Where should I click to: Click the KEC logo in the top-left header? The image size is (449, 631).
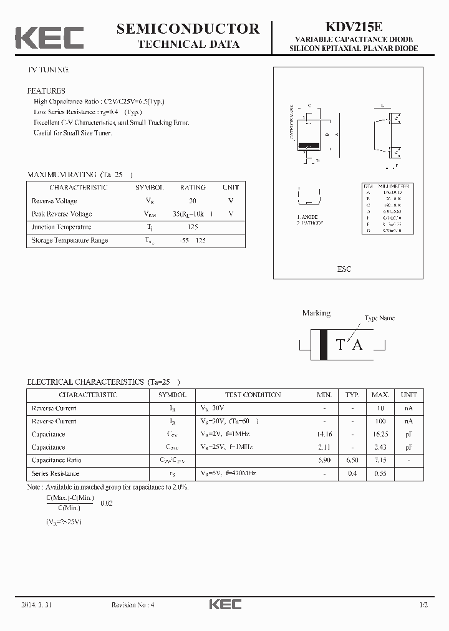49,38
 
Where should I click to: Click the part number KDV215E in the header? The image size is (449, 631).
354,27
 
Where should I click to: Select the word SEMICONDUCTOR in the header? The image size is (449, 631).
188,28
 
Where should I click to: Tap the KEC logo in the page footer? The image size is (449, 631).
224,604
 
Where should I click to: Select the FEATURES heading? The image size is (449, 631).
46,90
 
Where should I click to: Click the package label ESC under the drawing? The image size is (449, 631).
344,269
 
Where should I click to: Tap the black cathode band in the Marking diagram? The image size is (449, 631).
323,344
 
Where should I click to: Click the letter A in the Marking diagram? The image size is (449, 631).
357,344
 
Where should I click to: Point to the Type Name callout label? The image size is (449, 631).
379,318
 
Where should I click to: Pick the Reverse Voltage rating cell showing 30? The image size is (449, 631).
193,201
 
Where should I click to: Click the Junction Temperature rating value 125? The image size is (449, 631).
193,227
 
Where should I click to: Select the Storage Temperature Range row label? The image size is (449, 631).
70,240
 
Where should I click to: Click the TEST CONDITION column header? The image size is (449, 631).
253,395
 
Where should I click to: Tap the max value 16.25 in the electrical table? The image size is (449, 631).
380,434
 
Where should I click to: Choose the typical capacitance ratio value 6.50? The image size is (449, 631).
352,460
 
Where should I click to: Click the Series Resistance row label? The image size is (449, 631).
56,473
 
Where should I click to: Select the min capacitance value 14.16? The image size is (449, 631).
324,434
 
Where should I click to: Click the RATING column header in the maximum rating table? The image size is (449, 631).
193,187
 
